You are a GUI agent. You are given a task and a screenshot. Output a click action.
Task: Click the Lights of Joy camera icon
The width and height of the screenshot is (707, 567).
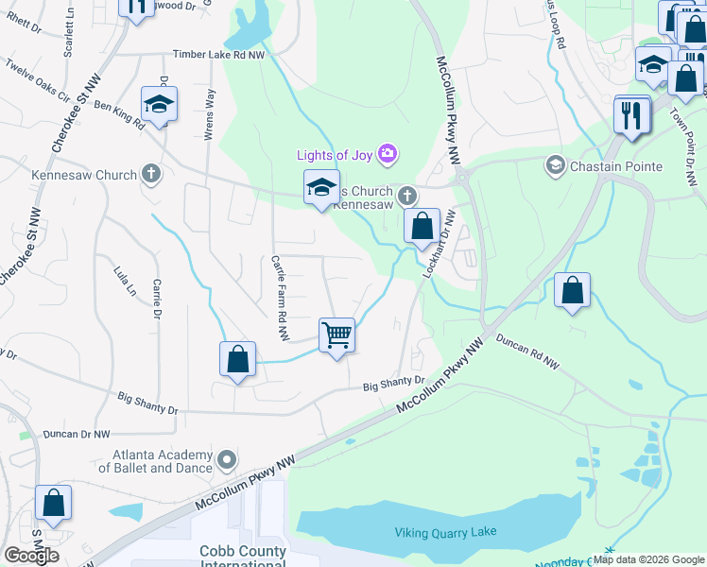pyautogui.click(x=387, y=153)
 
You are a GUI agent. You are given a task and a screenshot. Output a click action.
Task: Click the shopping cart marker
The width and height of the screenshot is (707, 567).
pyautogui.click(x=337, y=335)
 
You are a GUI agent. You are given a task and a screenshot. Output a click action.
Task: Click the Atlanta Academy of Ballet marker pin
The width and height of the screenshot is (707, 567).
pyautogui.click(x=227, y=460)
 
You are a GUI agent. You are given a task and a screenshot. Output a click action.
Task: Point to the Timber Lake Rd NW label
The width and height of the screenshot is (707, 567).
pyautogui.click(x=218, y=56)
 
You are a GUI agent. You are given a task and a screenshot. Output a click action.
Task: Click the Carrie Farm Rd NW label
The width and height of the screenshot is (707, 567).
pyautogui.click(x=279, y=297)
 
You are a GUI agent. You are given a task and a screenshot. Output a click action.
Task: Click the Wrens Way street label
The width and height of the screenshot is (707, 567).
pyautogui.click(x=210, y=114)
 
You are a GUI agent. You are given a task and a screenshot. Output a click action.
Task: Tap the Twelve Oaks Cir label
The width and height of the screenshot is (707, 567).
pyautogui.click(x=38, y=80)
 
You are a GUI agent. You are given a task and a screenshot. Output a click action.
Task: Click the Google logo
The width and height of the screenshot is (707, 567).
pyautogui.click(x=30, y=555)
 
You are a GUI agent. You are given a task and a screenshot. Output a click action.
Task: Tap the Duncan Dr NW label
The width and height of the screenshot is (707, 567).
pyautogui.click(x=77, y=434)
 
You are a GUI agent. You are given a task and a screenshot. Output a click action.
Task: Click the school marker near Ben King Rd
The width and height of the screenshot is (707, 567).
pyautogui.click(x=159, y=107)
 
